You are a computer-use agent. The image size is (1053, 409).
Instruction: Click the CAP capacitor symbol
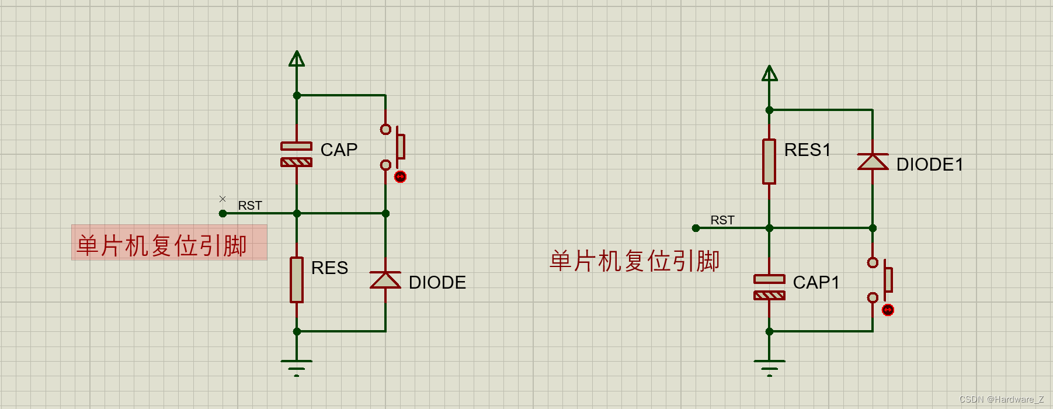pyautogui.click(x=297, y=154)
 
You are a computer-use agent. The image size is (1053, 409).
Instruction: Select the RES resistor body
pyautogui.click(x=297, y=280)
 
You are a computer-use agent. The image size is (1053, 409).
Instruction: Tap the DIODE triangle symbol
pyautogui.click(x=385, y=280)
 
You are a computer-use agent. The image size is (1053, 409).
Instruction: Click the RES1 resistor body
pyautogui.click(x=769, y=161)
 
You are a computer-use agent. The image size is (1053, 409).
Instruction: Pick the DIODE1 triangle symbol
pyautogui.click(x=873, y=161)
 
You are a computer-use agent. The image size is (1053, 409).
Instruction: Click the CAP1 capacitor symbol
pyautogui.click(x=769, y=287)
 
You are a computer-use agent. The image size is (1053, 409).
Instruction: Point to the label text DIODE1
pyautogui.click(x=929, y=165)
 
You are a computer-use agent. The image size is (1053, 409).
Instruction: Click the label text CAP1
pyautogui.click(x=816, y=283)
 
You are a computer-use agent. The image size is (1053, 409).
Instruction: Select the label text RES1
pyautogui.click(x=807, y=150)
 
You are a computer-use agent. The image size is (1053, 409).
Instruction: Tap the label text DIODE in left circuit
pyautogui.click(x=437, y=283)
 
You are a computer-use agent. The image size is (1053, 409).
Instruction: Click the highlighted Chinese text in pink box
pyautogui.click(x=162, y=245)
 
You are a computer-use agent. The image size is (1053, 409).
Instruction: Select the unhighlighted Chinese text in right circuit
pyautogui.click(x=634, y=261)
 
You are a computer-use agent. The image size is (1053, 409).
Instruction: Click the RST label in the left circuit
pyautogui.click(x=250, y=206)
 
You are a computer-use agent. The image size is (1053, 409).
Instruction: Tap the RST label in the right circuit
pyautogui.click(x=722, y=220)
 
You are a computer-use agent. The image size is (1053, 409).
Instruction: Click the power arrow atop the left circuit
pyautogui.click(x=297, y=59)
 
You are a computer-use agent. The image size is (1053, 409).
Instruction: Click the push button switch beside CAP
pyautogui.click(x=394, y=147)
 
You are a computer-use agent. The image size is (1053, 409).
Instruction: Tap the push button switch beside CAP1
pyautogui.click(x=880, y=280)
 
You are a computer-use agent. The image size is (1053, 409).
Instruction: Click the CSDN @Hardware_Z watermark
pyautogui.click(x=1001, y=400)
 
